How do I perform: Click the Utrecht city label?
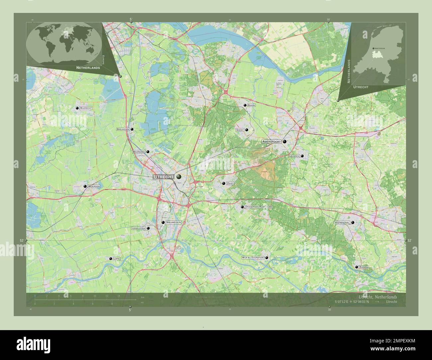[163, 177]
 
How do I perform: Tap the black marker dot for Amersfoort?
[284, 141]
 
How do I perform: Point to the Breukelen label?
[123, 129]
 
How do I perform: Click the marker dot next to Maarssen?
[148, 152]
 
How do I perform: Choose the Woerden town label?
[94, 187]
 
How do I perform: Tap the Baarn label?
[251, 105]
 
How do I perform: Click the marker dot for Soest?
[247, 130]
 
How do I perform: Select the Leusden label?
[294, 156]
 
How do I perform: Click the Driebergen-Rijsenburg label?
[259, 207]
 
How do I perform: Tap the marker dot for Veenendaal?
[353, 223]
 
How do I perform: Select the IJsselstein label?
[139, 228]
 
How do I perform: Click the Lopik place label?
[116, 258]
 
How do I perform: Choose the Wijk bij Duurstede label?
[253, 258]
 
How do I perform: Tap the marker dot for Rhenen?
[357, 267]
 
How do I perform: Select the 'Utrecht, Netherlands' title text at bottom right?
[378, 297]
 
